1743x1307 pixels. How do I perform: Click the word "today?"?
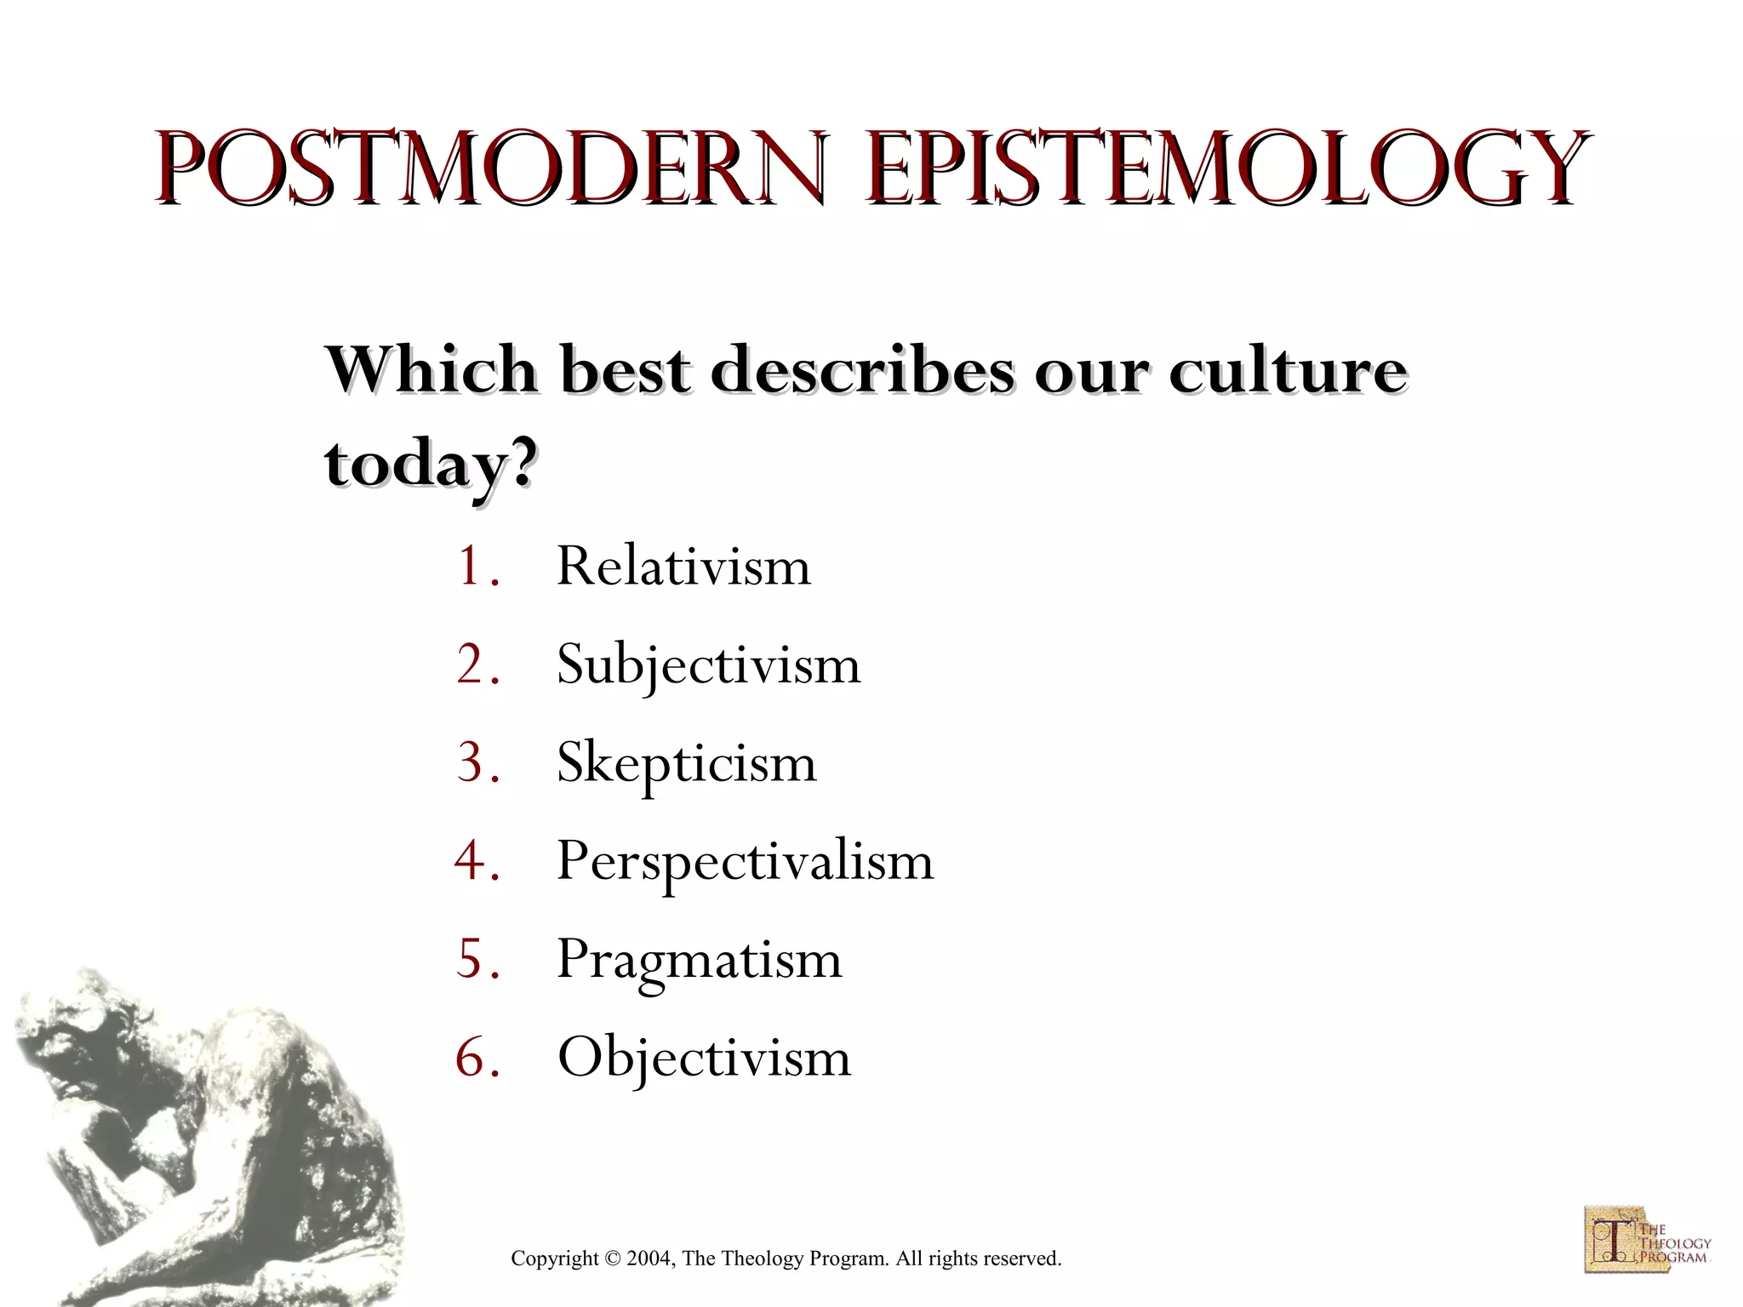point(431,465)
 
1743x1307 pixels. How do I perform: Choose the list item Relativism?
point(683,566)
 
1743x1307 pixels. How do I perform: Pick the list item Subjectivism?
point(708,665)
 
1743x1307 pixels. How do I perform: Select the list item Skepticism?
point(686,762)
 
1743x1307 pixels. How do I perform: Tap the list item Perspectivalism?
point(745,861)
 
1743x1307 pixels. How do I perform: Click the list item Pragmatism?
point(699,959)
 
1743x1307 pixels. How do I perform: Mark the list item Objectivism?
point(704,1058)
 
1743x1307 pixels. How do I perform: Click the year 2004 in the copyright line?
point(649,1258)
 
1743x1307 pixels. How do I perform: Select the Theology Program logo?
point(1646,1239)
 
